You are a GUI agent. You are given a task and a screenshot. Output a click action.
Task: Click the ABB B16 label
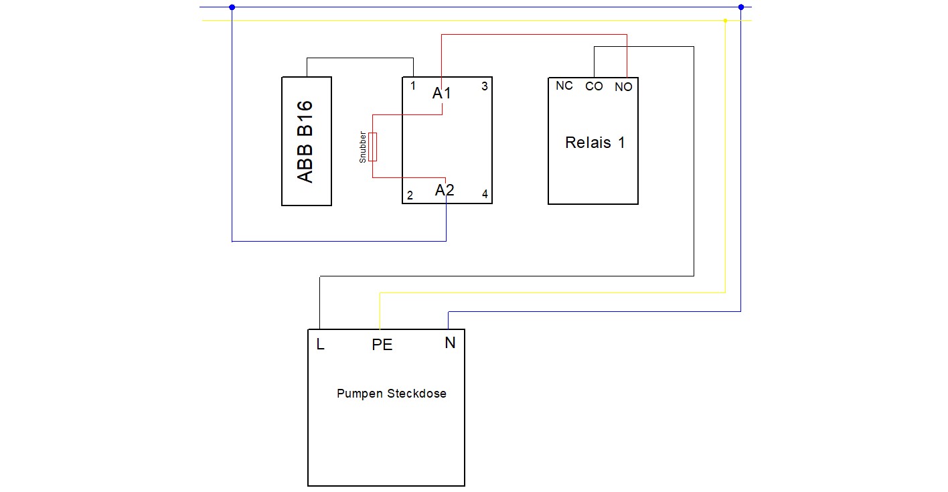[x=305, y=142]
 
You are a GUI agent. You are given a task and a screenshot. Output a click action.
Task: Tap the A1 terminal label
[x=442, y=93]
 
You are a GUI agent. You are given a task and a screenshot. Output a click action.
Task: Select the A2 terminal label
[x=445, y=190]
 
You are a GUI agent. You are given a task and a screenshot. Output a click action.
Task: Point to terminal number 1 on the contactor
[x=412, y=86]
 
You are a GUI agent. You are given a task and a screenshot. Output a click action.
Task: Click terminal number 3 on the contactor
[x=485, y=86]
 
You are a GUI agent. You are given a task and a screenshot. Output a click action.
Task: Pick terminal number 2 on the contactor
[x=410, y=195]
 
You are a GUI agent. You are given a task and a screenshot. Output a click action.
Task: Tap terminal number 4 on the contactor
[x=485, y=194]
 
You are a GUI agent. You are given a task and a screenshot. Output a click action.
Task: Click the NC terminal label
[x=564, y=86]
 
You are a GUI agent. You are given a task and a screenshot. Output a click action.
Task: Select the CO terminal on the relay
[x=594, y=86]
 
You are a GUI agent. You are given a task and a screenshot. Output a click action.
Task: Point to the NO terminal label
[x=623, y=87]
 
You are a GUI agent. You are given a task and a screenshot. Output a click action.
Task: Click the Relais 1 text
[x=595, y=143]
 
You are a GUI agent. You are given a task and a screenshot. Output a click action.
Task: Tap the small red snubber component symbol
[x=372, y=147]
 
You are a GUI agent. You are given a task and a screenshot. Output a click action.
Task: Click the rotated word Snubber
[x=363, y=147]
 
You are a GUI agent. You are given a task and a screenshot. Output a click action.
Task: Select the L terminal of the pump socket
[x=321, y=344]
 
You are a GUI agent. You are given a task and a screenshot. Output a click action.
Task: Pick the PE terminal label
[x=382, y=345]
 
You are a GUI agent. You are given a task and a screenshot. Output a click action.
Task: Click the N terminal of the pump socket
[x=450, y=343]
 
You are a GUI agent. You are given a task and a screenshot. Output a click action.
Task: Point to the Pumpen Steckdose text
[x=392, y=394]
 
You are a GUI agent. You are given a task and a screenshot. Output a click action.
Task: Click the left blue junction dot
[x=232, y=7]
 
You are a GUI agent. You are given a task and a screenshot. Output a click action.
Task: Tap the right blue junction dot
[x=740, y=7]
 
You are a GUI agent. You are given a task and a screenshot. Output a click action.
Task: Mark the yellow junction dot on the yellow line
[x=725, y=21]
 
